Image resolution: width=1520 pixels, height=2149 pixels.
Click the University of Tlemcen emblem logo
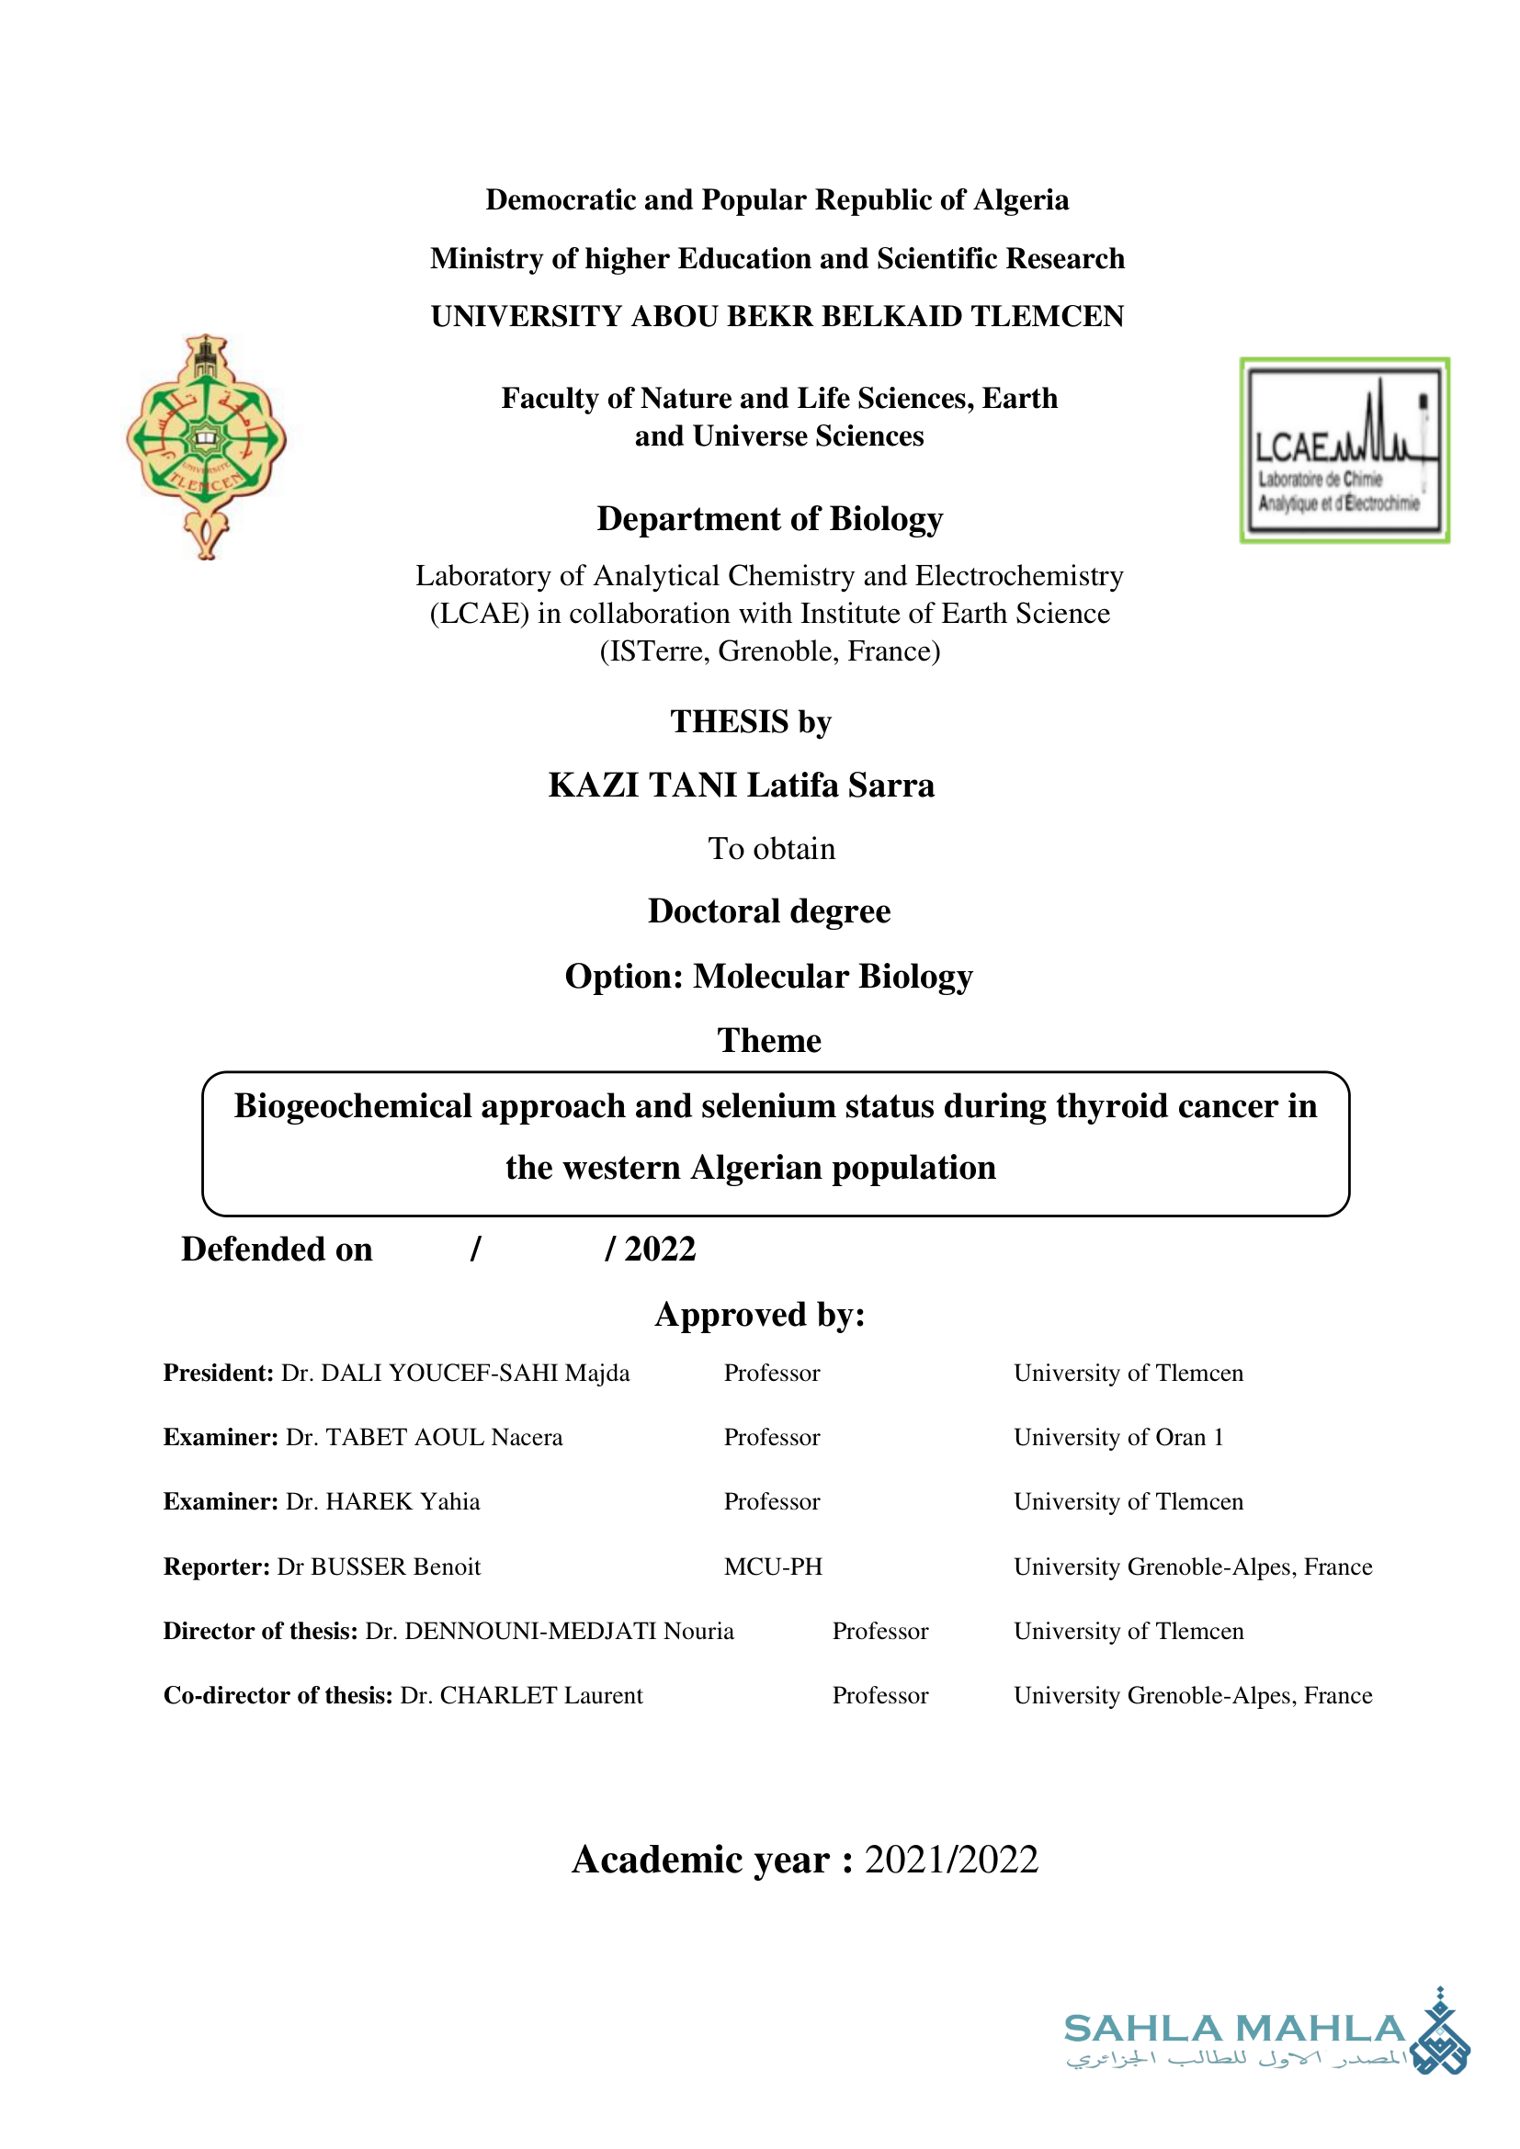point(206,447)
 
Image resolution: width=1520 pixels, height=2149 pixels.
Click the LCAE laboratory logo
point(1344,450)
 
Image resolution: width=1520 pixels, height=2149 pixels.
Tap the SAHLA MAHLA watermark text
point(1234,2030)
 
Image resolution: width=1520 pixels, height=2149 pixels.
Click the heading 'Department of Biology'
point(769,518)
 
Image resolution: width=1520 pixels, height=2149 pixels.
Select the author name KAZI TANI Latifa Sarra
point(742,785)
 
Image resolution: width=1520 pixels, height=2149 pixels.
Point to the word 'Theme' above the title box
point(769,1040)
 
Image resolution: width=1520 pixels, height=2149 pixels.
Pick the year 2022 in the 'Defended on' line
point(660,1249)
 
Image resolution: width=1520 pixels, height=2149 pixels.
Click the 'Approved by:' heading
point(760,1314)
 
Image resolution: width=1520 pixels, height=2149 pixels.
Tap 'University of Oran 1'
point(1118,1437)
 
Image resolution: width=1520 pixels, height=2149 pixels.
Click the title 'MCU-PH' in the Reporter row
point(773,1567)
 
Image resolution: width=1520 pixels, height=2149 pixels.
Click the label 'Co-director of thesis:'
point(278,1695)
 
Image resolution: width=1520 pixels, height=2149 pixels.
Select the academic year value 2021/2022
point(951,1859)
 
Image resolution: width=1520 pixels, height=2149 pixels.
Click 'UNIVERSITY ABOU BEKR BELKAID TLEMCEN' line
point(777,316)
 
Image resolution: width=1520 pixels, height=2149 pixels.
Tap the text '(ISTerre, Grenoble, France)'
point(769,650)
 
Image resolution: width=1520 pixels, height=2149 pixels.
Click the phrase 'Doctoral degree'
point(769,910)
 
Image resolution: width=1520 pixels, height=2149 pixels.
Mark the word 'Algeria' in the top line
point(1020,199)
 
